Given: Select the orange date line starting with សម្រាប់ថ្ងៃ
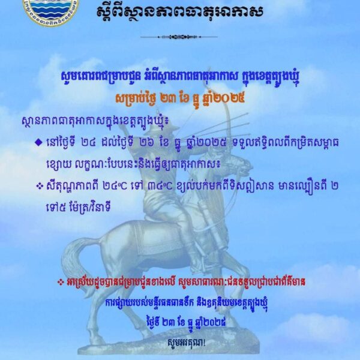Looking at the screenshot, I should [x=180, y=97].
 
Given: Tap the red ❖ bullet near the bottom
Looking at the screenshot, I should [x=59, y=281].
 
